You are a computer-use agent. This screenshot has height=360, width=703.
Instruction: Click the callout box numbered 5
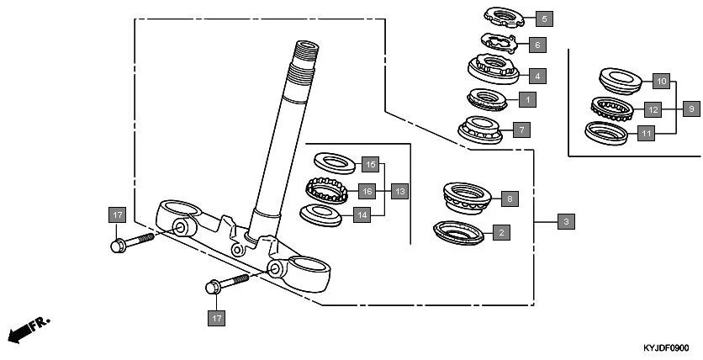tap(543, 18)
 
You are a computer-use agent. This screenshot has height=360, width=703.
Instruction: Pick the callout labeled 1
tap(527, 99)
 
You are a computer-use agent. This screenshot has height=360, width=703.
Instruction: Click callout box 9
tap(690, 109)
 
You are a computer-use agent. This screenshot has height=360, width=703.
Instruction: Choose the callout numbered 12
tap(652, 109)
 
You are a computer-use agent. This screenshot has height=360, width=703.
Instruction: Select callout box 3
tap(567, 222)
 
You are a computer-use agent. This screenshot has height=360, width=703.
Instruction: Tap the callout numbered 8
tap(509, 199)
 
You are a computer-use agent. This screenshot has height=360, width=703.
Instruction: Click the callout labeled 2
tap(501, 231)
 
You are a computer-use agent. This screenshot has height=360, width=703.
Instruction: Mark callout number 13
tap(399, 191)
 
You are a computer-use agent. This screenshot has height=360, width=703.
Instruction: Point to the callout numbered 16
tap(367, 191)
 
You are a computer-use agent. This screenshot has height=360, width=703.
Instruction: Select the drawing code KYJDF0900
tap(665, 347)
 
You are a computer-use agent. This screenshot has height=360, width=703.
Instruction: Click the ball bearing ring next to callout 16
tap(325, 190)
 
